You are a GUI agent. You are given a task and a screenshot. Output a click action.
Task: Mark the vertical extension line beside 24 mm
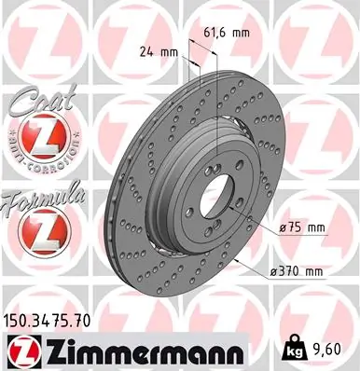(190, 70)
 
